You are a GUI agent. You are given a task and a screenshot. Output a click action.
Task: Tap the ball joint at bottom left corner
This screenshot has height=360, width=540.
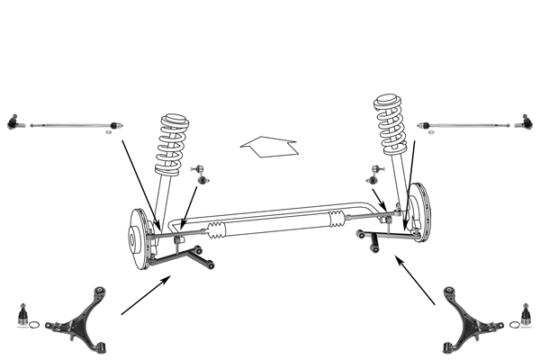point(22,316)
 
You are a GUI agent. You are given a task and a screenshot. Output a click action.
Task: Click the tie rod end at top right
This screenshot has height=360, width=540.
point(528,120)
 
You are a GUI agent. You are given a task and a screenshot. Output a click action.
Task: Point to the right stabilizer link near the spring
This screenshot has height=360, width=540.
point(377,172)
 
